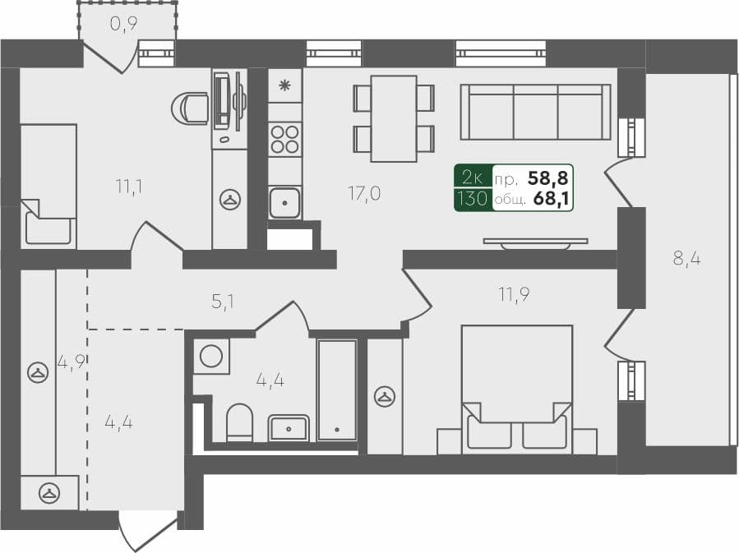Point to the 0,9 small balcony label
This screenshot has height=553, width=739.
click(x=123, y=24)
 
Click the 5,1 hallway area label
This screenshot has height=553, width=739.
click(x=223, y=302)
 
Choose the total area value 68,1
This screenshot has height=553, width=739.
click(x=552, y=198)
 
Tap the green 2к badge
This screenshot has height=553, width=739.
click(x=473, y=176)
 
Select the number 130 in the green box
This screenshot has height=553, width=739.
click(x=473, y=198)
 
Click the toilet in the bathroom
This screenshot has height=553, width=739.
click(x=239, y=422)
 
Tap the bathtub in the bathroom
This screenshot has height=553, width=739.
click(x=337, y=389)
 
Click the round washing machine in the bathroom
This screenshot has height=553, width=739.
click(x=211, y=356)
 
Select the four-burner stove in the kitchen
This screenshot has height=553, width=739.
click(x=284, y=139)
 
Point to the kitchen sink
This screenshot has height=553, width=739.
click(x=284, y=201)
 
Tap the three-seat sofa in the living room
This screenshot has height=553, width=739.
click(x=535, y=112)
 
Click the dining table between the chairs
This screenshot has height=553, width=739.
click(x=393, y=118)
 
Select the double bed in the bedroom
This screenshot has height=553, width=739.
click(x=517, y=386)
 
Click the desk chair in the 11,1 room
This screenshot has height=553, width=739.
click(x=192, y=108)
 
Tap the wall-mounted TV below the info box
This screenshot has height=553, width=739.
click(x=535, y=241)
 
